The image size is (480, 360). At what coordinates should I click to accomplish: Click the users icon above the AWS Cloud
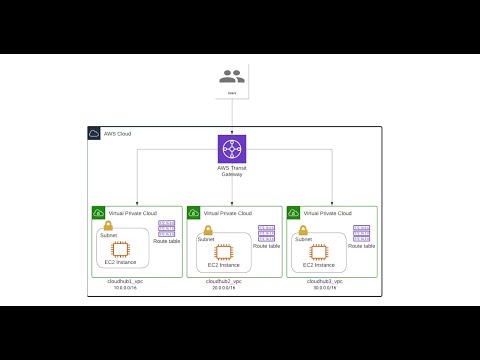point(232,76)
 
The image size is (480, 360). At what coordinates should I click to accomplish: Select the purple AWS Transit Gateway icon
point(232,149)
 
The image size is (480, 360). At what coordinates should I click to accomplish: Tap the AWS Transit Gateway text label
point(232,171)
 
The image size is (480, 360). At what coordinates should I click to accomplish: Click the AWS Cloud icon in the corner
point(94,133)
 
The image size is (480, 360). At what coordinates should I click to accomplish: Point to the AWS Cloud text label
point(117,133)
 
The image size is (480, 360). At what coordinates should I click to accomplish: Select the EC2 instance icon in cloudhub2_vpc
point(223,252)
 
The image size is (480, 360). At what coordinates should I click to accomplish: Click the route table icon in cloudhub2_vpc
point(266,233)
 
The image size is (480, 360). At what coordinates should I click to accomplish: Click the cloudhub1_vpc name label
point(126,282)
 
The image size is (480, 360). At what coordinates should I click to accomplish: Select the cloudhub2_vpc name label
point(224,282)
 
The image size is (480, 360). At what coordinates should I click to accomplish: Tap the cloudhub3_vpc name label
point(325,282)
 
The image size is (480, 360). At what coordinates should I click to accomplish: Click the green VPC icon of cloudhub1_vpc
point(98,213)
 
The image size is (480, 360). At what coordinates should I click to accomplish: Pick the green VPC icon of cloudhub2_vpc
point(194,213)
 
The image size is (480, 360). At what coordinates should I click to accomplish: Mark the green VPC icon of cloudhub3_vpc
point(294,213)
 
